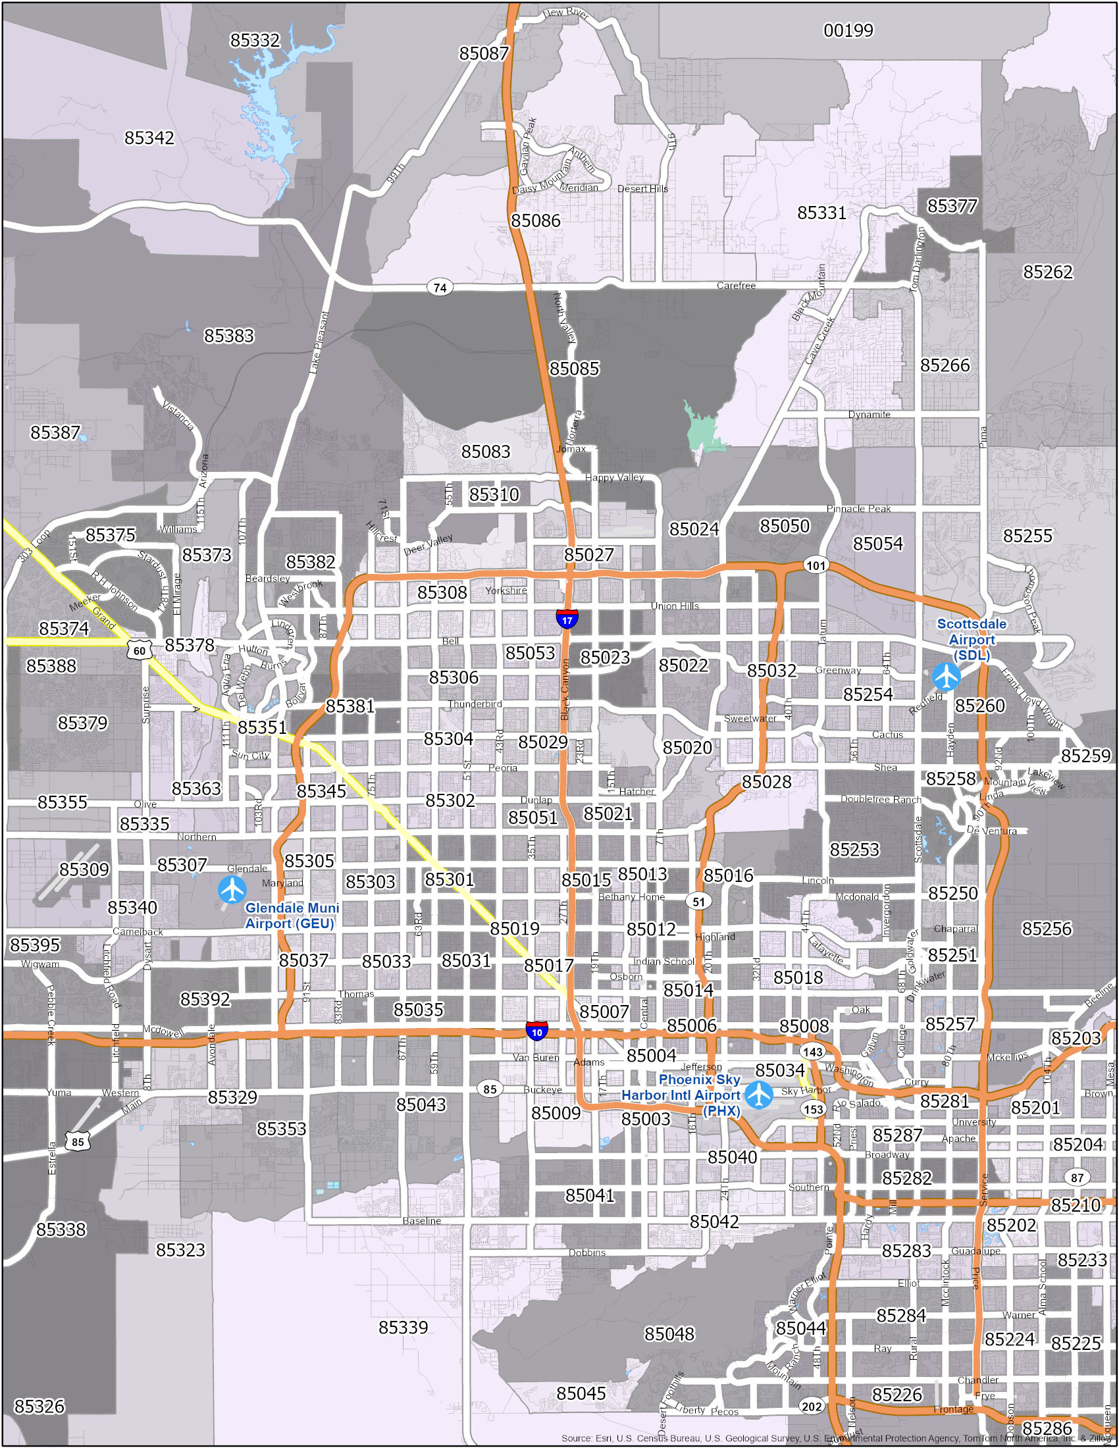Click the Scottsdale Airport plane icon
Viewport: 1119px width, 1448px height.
click(946, 676)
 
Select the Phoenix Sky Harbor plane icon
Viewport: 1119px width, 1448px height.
click(758, 1095)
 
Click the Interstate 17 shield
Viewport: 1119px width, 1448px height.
click(567, 619)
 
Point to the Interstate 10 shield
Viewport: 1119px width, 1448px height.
click(537, 1031)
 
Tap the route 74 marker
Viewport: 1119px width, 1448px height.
click(440, 287)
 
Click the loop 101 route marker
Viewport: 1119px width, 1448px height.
click(816, 565)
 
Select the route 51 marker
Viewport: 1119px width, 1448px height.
click(698, 901)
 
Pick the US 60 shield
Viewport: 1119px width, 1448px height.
click(139, 651)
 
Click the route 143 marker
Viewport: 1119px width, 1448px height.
click(813, 1052)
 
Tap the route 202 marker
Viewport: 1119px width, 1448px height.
click(812, 1407)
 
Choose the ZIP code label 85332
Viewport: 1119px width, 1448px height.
click(255, 40)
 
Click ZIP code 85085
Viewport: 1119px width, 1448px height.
click(574, 368)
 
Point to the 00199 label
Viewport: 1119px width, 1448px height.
click(848, 30)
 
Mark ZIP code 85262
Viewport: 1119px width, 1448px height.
click(1047, 272)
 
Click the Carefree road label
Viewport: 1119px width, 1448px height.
click(736, 286)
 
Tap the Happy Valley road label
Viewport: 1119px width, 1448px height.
click(615, 477)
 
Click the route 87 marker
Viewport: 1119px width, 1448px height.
click(1078, 1177)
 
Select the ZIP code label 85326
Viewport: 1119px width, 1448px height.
click(39, 1406)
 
